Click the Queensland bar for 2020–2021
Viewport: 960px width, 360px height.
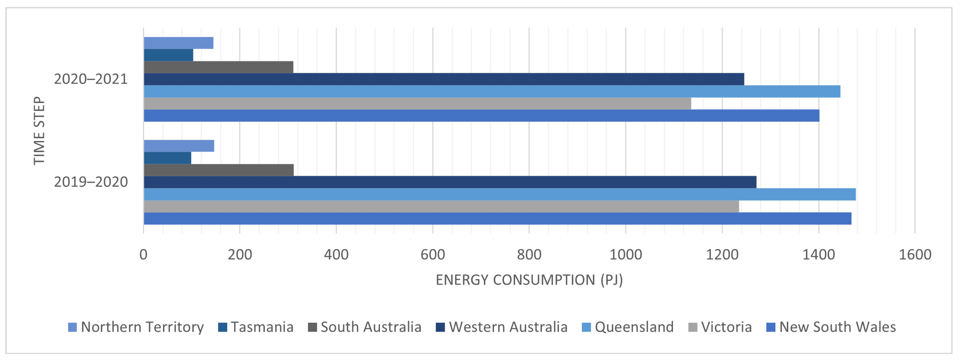click(x=492, y=91)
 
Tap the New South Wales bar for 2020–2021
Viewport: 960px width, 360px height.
click(x=481, y=115)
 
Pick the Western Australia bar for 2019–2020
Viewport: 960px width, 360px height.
click(x=450, y=182)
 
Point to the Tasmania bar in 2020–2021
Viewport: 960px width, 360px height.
click(x=168, y=55)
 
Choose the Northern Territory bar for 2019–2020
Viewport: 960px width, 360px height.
click(x=179, y=146)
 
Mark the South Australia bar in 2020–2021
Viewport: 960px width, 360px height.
click(x=218, y=67)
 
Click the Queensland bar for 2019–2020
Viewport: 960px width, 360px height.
click(x=499, y=194)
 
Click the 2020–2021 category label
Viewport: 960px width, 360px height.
click(x=91, y=79)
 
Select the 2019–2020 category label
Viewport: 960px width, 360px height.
click(x=91, y=182)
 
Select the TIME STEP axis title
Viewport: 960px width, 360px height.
click(x=39, y=130)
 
